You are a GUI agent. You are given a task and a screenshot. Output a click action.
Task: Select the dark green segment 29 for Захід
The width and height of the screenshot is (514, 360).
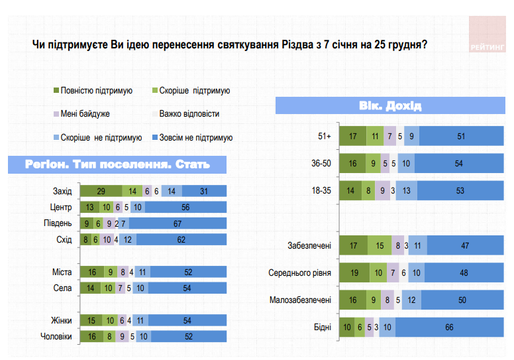(x=101, y=191)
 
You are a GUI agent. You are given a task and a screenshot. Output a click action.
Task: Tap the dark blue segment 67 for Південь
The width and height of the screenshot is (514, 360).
(x=178, y=223)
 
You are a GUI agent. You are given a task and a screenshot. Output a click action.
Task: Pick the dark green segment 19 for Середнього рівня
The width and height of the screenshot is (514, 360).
(x=354, y=272)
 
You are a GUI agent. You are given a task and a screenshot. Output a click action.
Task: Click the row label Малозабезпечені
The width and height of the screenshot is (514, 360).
(x=300, y=300)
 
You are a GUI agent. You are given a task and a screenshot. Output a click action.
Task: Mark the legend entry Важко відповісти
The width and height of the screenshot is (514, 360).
(x=189, y=114)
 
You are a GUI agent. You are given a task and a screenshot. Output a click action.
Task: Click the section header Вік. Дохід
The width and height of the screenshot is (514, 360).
(x=391, y=105)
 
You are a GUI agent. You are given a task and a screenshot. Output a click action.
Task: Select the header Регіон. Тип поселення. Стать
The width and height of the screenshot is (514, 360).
(x=117, y=164)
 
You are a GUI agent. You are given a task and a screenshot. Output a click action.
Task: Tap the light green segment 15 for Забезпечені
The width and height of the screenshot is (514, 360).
(x=379, y=245)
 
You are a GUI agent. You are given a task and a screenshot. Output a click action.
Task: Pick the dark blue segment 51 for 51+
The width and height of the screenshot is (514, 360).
(x=461, y=137)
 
